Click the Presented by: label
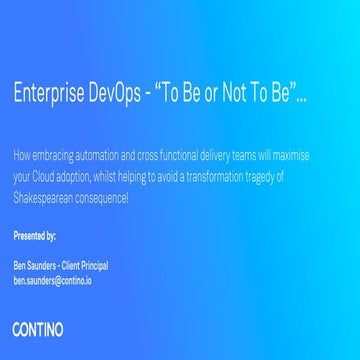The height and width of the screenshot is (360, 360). [x=35, y=237]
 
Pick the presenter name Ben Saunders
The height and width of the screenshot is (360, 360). [x=32, y=266]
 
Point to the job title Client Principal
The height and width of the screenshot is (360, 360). [x=84, y=266]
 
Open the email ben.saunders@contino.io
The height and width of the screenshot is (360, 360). [x=53, y=281]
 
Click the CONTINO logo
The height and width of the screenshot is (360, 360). [x=38, y=327]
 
